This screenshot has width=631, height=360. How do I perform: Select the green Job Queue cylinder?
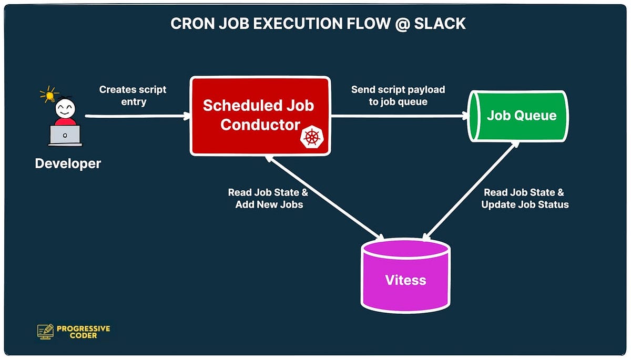[x=518, y=116]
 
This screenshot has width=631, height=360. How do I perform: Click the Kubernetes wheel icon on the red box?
[x=312, y=138]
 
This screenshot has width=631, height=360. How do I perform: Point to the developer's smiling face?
[x=65, y=109]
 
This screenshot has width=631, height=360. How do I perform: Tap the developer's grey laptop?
[x=65, y=136]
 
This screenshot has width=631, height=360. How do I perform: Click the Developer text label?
[x=68, y=164]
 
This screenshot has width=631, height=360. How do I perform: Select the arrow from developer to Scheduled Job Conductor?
[x=137, y=116]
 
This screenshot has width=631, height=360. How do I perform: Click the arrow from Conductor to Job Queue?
[x=400, y=116]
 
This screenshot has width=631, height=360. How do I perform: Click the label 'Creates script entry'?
[x=133, y=96]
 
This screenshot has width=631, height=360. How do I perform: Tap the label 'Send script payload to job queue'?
[x=398, y=96]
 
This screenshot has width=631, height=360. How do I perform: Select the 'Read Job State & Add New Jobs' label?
[x=268, y=199]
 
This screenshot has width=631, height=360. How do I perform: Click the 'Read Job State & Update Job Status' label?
[x=525, y=199]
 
